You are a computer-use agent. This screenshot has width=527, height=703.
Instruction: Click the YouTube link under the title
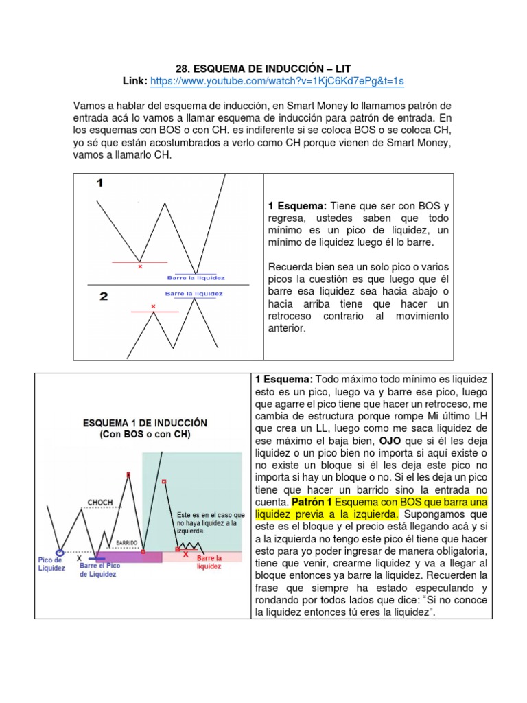click(x=277, y=81)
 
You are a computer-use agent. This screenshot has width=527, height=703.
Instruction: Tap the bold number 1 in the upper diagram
click(x=100, y=184)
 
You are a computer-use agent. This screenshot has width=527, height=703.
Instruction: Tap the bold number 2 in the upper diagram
click(x=103, y=297)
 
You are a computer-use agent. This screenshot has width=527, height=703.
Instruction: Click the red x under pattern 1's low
click(x=140, y=266)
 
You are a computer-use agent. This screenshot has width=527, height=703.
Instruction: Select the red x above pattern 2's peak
click(x=153, y=306)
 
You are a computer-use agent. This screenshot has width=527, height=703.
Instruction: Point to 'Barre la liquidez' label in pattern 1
click(x=196, y=278)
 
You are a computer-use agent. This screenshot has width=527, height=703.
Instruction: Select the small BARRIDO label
click(x=128, y=541)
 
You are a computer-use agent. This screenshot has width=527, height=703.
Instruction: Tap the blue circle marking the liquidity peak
click(x=60, y=551)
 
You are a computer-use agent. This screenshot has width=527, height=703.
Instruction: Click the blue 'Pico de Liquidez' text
click(x=51, y=564)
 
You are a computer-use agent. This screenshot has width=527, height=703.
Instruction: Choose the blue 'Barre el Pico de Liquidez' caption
click(x=100, y=570)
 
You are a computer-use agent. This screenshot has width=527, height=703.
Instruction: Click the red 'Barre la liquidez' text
click(x=209, y=562)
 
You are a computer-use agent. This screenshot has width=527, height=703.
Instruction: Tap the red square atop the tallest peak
click(x=128, y=474)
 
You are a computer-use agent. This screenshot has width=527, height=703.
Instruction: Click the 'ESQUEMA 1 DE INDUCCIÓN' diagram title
click(x=144, y=423)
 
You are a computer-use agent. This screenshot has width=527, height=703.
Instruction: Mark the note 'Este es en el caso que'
click(x=211, y=514)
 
